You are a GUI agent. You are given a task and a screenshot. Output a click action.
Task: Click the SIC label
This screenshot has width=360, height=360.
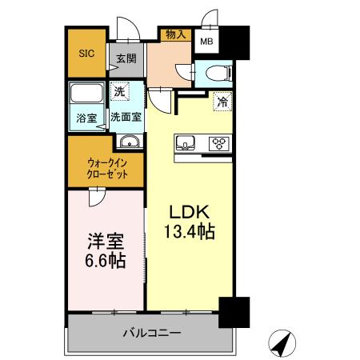(x=86, y=54)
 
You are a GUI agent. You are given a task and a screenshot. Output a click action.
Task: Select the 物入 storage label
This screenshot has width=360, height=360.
(x=176, y=34)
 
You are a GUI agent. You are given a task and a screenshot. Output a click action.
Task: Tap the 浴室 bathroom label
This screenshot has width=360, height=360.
(x=85, y=117)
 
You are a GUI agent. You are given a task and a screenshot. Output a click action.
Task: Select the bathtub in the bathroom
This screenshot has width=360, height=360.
(x=86, y=94)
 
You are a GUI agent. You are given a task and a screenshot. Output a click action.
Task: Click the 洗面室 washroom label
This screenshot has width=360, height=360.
(x=126, y=117)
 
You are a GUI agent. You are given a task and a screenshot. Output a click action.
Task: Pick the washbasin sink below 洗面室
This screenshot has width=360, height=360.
(x=129, y=142)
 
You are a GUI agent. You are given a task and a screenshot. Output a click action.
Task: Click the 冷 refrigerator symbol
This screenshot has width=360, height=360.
(x=222, y=102)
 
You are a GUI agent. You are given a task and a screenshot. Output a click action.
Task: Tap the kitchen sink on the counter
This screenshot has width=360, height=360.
(x=186, y=144)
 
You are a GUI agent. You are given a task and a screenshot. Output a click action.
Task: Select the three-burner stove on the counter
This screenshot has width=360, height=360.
(x=218, y=144)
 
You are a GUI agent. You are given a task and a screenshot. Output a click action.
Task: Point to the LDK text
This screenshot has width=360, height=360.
(x=189, y=212)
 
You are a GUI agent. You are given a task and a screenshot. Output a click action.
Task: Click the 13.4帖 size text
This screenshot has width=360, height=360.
(x=189, y=232)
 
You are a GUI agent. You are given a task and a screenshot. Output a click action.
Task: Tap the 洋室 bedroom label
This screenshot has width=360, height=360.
(x=103, y=240)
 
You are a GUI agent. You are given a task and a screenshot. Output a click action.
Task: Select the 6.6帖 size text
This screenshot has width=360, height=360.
(x=103, y=261)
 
